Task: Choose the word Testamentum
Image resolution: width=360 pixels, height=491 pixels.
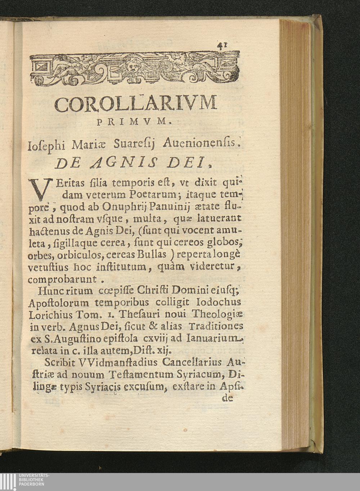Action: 141,374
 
